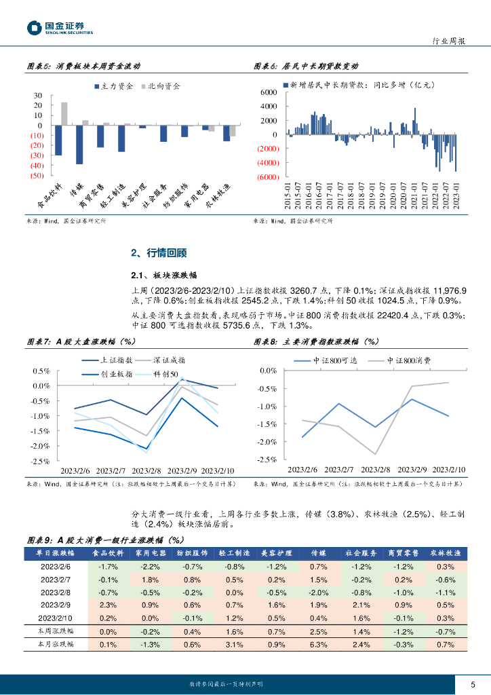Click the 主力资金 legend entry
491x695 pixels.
pos(113,86)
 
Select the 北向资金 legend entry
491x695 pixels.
pos(159,86)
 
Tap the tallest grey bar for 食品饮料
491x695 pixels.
pos(64,114)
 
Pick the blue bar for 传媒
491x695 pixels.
pos(79,145)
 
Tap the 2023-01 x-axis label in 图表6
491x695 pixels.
pos(456,196)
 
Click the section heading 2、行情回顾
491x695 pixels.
pos(158,253)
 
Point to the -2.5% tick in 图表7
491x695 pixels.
pos(41,461)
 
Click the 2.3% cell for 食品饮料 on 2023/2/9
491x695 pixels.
pos(108,605)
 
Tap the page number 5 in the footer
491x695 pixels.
pos(473,683)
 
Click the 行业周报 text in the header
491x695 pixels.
pos(449,41)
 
